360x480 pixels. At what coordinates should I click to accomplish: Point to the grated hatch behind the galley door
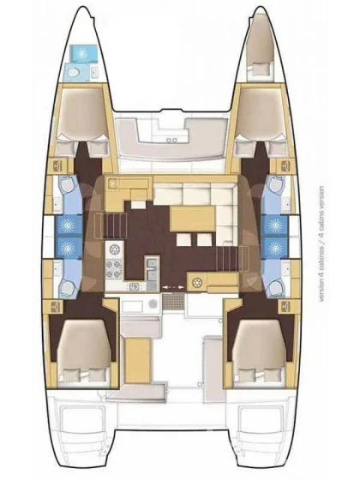[x=174, y=301]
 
